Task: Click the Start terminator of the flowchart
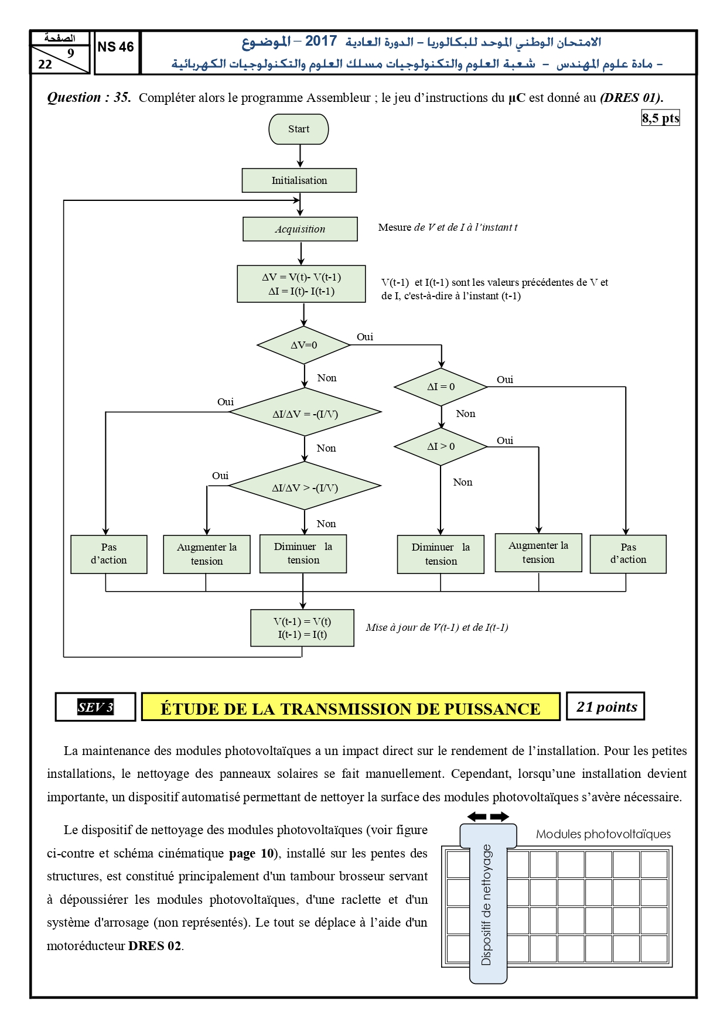coord(299,129)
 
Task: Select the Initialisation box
coord(299,180)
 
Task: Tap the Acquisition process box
coord(300,229)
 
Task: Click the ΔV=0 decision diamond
coord(304,345)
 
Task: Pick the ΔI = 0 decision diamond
coord(441,387)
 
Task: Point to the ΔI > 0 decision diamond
coord(441,446)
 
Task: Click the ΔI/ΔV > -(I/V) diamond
coord(305,486)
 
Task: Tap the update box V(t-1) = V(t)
coord(302,628)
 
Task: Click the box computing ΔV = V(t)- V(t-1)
coord(302,284)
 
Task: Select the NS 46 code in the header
coord(116,47)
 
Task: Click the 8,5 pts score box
coord(661,118)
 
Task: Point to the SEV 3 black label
coord(95,707)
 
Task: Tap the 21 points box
coord(606,706)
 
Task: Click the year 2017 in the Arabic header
coord(321,41)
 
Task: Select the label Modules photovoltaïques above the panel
coord(603,834)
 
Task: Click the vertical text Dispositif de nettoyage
coord(486,905)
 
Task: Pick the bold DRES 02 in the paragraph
coord(155,945)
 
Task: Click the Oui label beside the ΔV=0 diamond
coord(365,337)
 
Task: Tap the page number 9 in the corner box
coord(71,53)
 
